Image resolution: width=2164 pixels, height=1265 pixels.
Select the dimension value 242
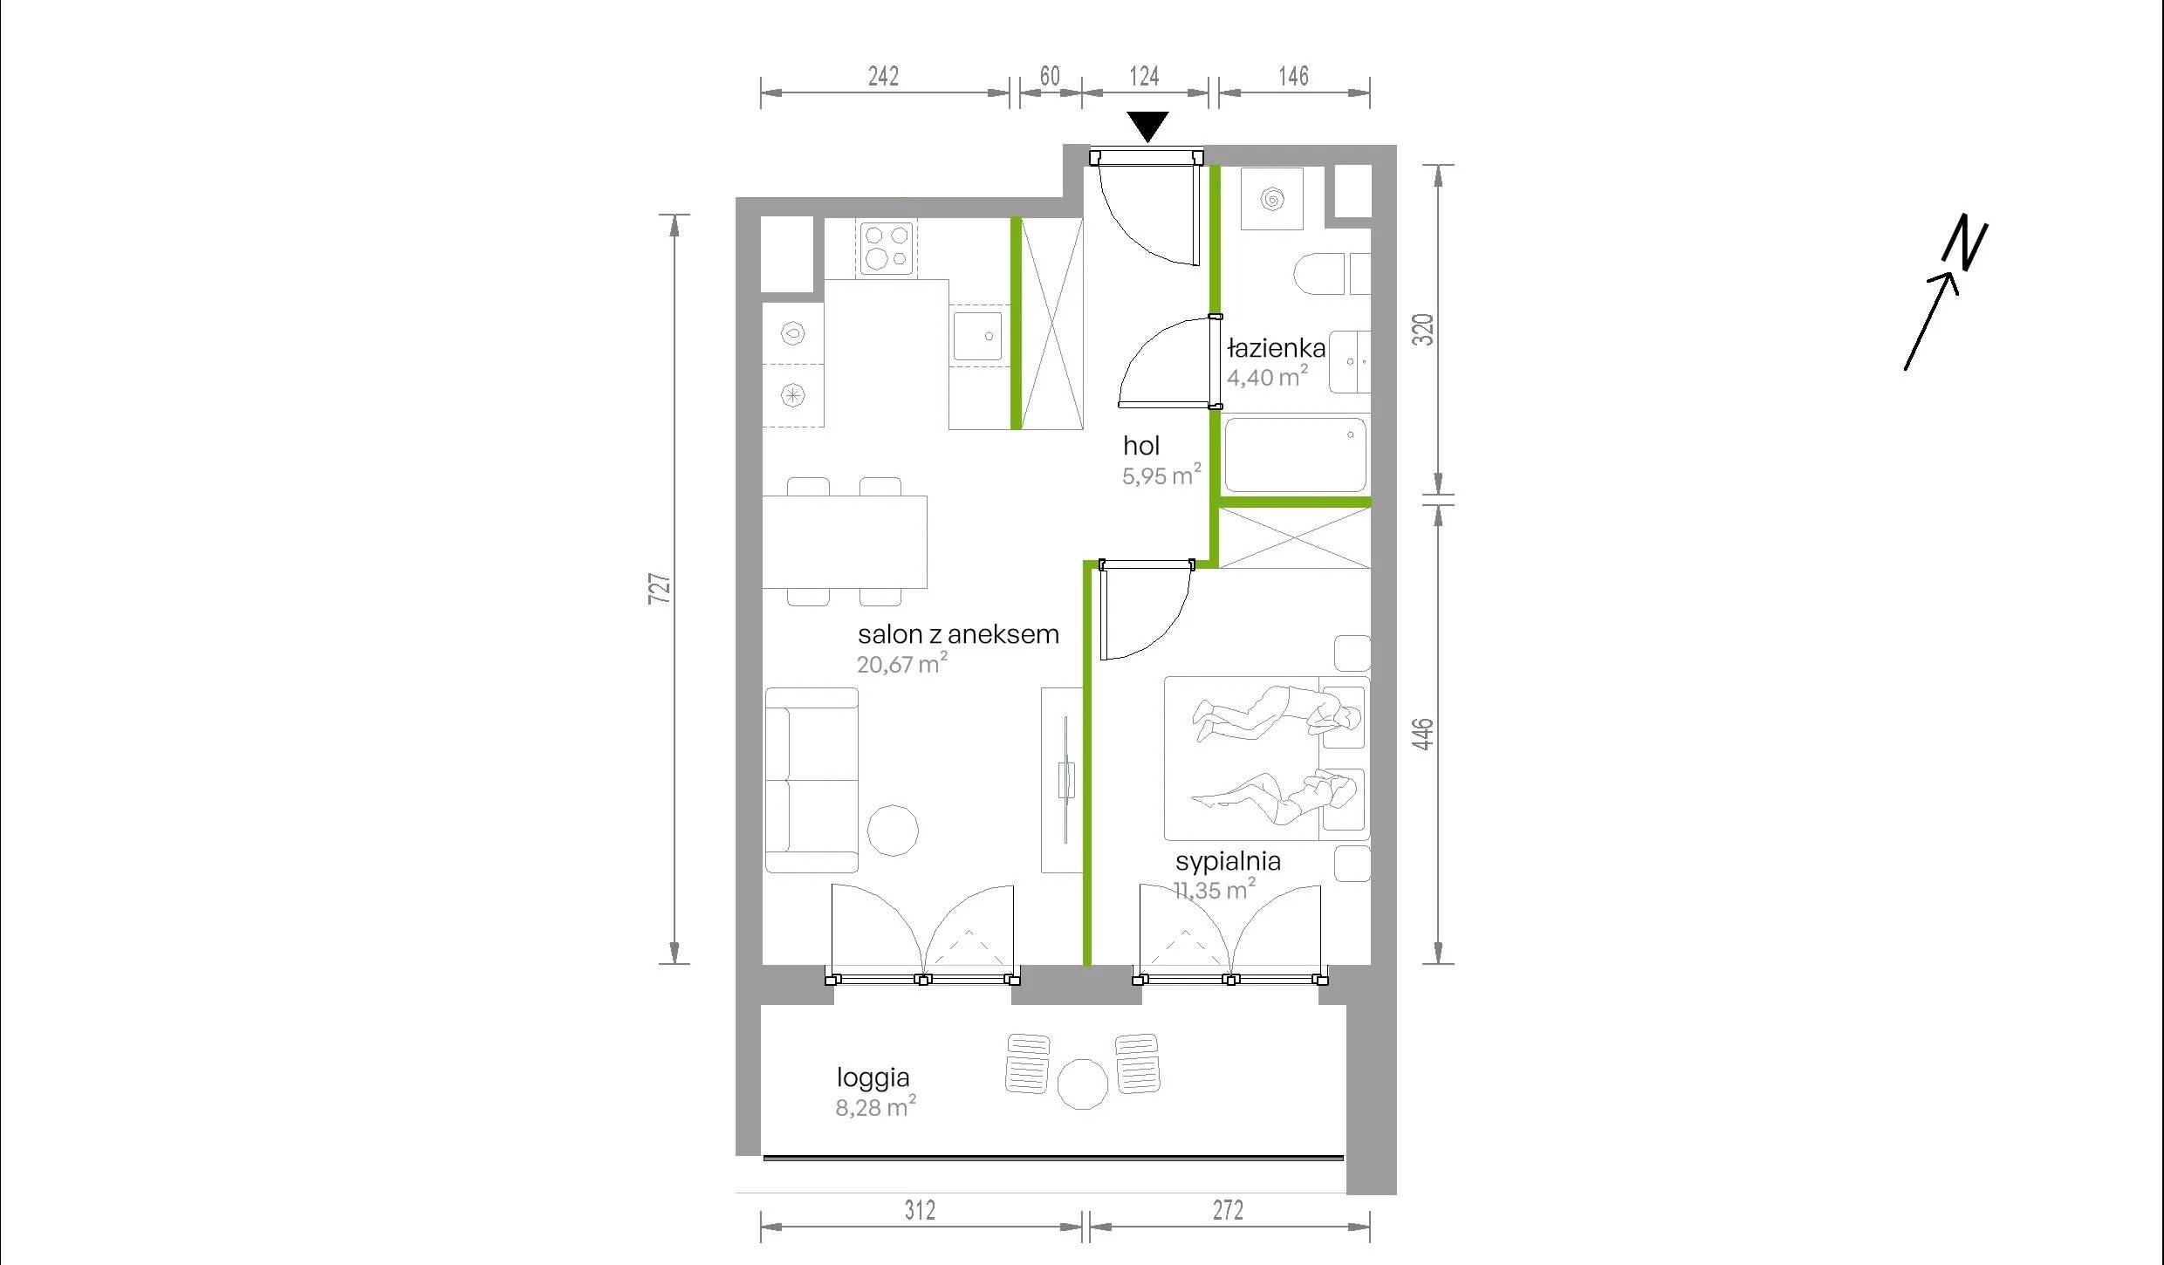tap(883, 76)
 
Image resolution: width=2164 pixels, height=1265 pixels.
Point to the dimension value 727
tap(661, 588)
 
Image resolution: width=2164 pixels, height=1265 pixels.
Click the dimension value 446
tap(1422, 734)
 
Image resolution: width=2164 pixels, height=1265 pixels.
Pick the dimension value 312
tap(920, 1210)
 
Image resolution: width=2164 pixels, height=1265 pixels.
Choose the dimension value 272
tap(1228, 1210)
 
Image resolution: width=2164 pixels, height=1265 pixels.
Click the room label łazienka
tap(1277, 349)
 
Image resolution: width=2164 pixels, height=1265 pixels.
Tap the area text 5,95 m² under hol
tap(1162, 475)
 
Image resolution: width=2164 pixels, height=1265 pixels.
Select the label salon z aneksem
tap(958, 634)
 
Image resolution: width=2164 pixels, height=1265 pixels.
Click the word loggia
tap(873, 1079)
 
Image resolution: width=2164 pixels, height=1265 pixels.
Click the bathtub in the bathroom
tap(1295, 455)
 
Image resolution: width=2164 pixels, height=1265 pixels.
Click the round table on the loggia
tap(1083, 1084)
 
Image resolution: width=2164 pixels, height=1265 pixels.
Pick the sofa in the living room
tap(811, 780)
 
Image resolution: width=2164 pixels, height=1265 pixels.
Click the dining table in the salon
tap(845, 542)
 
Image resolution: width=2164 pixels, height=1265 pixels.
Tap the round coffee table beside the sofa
tap(893, 830)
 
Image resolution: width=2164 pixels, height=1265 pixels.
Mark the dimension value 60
tap(1050, 76)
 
